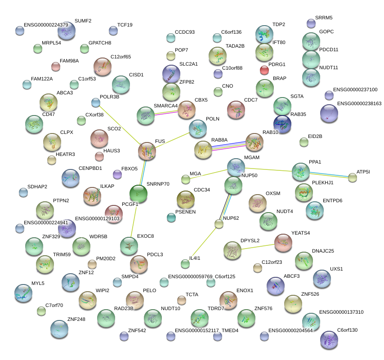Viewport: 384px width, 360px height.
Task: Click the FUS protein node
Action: click(147, 151)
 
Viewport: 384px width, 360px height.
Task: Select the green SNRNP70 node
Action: click(138, 193)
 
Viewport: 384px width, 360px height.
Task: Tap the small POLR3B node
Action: click(96, 102)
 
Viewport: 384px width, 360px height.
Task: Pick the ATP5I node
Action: click(353, 178)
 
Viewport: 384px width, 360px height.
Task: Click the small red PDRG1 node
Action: click(264, 70)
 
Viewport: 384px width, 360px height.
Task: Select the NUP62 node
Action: click(219, 224)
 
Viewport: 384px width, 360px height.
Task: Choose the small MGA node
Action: click(186, 180)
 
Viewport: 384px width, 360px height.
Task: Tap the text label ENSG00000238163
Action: click(359, 104)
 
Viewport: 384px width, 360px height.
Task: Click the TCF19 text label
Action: click(125, 25)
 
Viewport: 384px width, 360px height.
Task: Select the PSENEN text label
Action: click(185, 212)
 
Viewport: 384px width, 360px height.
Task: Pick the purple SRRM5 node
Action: click(311, 23)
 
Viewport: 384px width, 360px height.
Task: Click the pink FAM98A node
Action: click(56, 67)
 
